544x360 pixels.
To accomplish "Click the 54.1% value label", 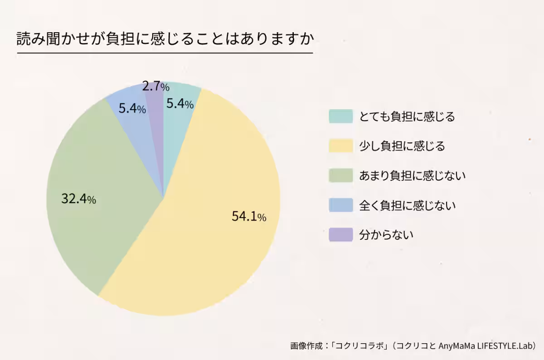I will click(x=249, y=217).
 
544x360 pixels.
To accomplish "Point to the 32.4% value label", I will click(x=78, y=199).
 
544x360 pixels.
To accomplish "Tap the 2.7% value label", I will click(x=155, y=86).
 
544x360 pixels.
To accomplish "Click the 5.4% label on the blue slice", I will click(x=132, y=109).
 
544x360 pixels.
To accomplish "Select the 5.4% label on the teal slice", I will click(x=180, y=104).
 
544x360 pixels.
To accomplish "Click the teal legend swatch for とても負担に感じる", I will click(x=340, y=117).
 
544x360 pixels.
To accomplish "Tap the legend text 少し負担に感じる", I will click(x=402, y=146).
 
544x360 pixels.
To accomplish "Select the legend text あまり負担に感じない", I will click(x=412, y=175).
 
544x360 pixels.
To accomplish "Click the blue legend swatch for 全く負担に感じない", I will click(x=340, y=205).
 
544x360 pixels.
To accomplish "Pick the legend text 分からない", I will click(x=386, y=235).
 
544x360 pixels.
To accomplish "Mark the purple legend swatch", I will click(x=340, y=234).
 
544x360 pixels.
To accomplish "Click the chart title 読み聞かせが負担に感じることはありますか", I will click(x=165, y=39).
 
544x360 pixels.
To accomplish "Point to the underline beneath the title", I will click(x=165, y=53).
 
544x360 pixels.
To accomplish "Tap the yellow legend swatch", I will click(x=340, y=146).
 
